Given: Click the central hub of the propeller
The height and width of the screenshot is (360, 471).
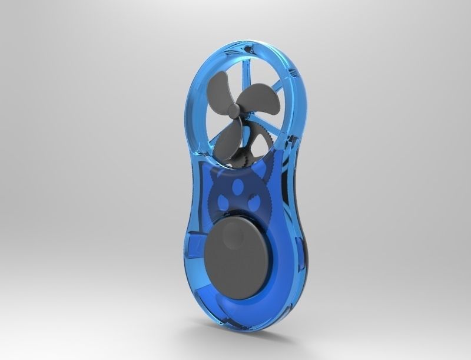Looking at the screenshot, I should [234, 110].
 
